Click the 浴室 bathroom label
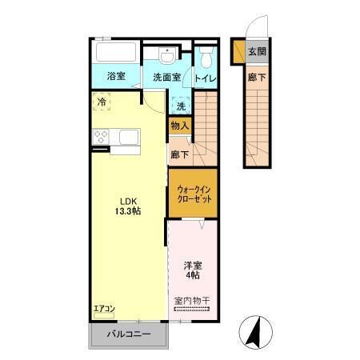click(116, 77)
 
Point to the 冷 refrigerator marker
click(102, 102)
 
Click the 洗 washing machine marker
click(181, 106)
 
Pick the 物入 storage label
click(180, 126)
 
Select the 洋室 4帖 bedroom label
click(191, 270)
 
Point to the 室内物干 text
click(191, 301)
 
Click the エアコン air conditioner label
click(104, 310)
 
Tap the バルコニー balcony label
click(127, 334)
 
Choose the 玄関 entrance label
click(257, 53)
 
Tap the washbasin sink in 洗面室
click(166, 55)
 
